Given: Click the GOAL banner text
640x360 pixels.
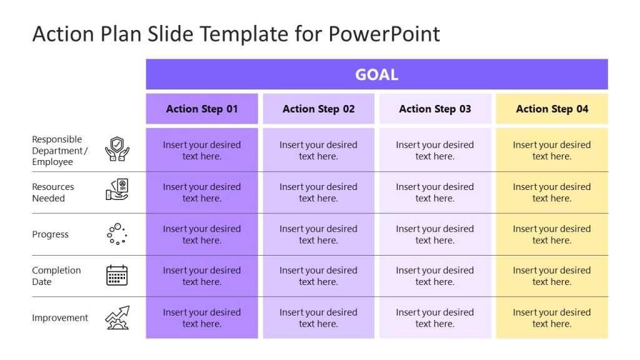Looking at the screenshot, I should coord(376,75).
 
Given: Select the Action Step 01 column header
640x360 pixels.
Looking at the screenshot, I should coord(202,109).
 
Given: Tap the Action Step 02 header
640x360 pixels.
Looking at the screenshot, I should coord(318,109).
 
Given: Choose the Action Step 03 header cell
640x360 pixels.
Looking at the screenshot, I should coord(435,109).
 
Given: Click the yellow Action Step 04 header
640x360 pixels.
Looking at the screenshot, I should coord(552,109).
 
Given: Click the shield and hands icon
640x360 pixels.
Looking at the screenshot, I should coord(117,150).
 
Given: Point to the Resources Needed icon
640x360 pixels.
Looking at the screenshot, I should coord(117,190).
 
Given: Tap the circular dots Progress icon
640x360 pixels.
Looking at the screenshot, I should coord(117,234).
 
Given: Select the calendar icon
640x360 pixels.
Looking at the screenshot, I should coord(117,276).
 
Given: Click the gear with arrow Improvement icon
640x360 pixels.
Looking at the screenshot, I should coord(117,317).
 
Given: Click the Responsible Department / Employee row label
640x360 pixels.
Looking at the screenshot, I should coord(60,151).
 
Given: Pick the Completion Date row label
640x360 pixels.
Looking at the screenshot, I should coord(56,276).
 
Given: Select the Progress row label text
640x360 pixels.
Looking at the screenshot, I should coord(51,234).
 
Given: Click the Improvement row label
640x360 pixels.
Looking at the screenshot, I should coord(60,317).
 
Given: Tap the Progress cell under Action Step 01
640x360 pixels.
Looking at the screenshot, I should coord(202,234).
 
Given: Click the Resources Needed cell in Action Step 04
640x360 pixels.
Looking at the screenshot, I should coord(552,192).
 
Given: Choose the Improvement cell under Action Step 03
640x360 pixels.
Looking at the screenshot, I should coord(435,317).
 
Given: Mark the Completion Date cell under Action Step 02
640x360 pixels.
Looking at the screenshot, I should coord(318,276).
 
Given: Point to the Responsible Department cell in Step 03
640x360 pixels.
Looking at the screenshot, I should coord(435,151).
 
